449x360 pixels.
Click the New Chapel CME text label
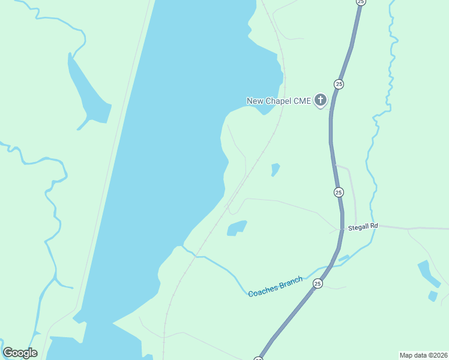click(279, 101)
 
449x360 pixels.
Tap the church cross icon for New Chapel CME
click(321, 100)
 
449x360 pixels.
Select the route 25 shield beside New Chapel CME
click(339, 84)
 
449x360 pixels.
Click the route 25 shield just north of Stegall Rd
click(339, 192)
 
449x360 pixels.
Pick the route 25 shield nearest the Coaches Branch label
click(318, 283)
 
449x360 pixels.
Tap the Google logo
click(20, 353)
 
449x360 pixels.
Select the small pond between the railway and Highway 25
click(275, 169)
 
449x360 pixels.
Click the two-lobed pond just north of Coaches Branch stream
click(237, 228)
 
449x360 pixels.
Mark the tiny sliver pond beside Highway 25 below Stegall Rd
click(343, 259)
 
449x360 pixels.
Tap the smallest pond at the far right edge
click(433, 296)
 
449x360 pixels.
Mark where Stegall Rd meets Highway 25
click(343, 229)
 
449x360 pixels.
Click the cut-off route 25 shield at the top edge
click(360, 2)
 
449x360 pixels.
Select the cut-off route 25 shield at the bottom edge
click(258, 358)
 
